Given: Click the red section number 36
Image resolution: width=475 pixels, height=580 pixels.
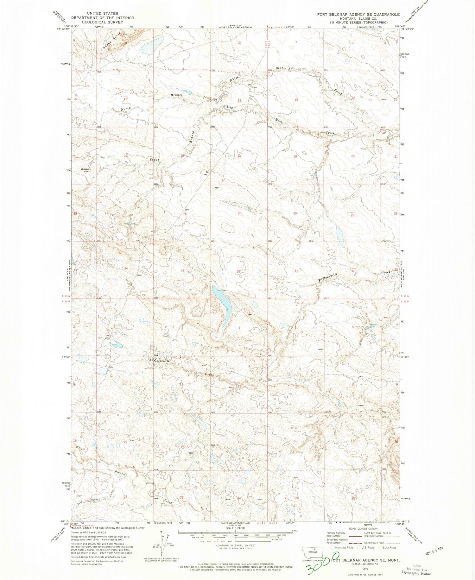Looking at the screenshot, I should tap(239, 272).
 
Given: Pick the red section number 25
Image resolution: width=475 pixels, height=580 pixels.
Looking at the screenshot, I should tap(239, 213).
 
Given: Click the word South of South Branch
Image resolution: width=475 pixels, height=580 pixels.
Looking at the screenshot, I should tap(154, 160).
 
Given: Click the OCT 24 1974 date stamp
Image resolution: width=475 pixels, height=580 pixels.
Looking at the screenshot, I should tap(439, 554).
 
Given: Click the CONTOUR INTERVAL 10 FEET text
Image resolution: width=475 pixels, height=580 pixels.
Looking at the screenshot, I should tap(235, 545).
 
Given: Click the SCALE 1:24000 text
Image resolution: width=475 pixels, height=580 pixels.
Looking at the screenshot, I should tap(235, 528).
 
